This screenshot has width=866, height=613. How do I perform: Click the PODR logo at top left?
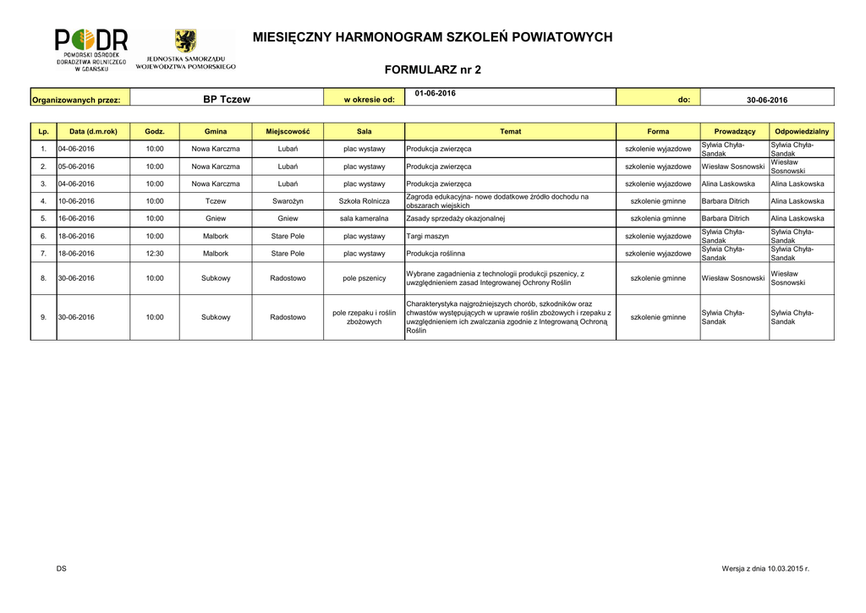click(91, 49)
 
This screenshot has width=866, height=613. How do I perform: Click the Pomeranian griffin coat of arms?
click(185, 41)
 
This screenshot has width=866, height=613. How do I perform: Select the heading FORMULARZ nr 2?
click(432, 69)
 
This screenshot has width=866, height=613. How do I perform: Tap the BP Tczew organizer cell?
click(227, 99)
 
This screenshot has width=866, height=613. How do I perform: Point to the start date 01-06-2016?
click(436, 93)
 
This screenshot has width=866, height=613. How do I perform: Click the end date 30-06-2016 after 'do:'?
click(767, 100)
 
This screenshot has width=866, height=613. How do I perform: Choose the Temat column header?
click(511, 132)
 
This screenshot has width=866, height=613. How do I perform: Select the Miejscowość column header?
click(288, 132)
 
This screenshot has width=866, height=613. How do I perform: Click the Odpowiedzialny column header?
click(802, 132)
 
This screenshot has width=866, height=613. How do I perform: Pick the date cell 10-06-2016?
click(76, 201)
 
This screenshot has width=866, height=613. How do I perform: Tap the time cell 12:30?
click(155, 253)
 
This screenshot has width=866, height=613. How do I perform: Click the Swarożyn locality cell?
click(288, 201)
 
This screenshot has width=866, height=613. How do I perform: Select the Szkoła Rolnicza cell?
click(364, 201)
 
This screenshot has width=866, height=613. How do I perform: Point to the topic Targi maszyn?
click(427, 236)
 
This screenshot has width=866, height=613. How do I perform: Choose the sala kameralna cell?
click(364, 218)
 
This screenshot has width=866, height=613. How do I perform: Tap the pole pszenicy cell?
click(364, 278)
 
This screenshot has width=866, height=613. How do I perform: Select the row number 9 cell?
click(43, 318)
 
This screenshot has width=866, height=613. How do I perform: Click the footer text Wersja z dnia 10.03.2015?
click(765, 568)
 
